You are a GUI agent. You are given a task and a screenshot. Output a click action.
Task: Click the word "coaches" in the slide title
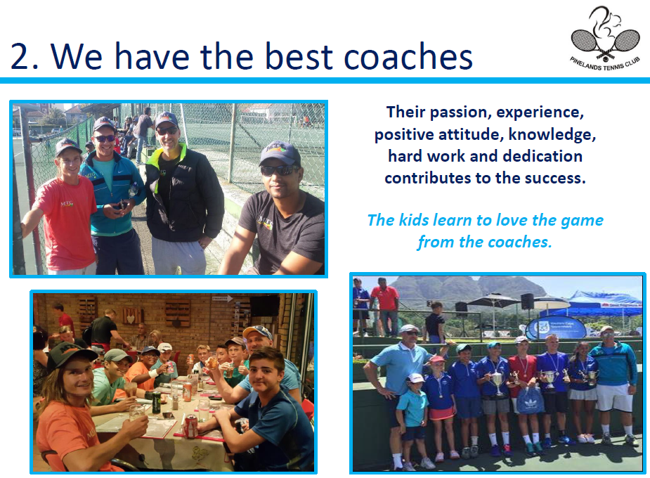(408, 56)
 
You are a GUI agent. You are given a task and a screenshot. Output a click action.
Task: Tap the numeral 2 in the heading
(20, 56)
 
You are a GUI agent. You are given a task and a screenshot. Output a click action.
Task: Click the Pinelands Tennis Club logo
(605, 39)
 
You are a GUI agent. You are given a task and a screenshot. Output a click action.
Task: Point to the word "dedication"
(542, 156)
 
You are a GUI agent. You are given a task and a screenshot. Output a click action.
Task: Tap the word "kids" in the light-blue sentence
(413, 220)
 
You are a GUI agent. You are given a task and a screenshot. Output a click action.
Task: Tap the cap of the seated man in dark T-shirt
(279, 153)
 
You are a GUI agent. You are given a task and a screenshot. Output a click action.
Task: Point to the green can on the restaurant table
(156, 403)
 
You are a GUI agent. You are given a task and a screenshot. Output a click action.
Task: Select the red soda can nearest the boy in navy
(190, 426)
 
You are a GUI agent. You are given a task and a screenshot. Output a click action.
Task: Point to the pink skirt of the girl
(441, 413)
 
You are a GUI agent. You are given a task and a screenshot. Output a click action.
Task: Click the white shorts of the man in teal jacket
(614, 397)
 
